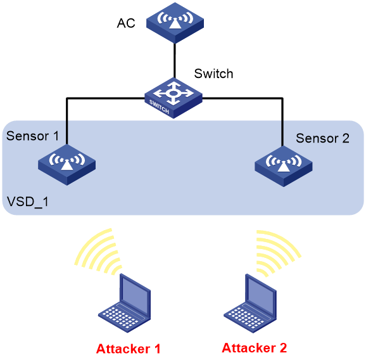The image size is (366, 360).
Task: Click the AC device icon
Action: (x=175, y=23)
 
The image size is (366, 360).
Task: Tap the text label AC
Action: (x=126, y=23)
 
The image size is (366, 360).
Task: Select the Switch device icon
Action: (x=174, y=98)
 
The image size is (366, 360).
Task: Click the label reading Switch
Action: (x=213, y=74)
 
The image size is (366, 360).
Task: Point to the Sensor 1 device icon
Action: (x=66, y=165)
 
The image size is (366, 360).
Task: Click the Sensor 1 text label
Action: (x=32, y=136)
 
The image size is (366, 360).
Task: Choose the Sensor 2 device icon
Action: (x=284, y=166)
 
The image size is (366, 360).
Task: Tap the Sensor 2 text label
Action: (x=322, y=138)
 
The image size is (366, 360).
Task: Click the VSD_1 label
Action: (x=27, y=202)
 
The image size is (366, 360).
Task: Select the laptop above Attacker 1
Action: (x=124, y=303)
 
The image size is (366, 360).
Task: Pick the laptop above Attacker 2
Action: (x=250, y=303)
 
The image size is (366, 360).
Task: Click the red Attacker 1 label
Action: (x=128, y=349)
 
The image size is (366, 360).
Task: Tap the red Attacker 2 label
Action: (x=254, y=347)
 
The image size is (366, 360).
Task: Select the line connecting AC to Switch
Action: (x=174, y=61)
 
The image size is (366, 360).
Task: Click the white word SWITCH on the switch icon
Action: (x=159, y=106)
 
